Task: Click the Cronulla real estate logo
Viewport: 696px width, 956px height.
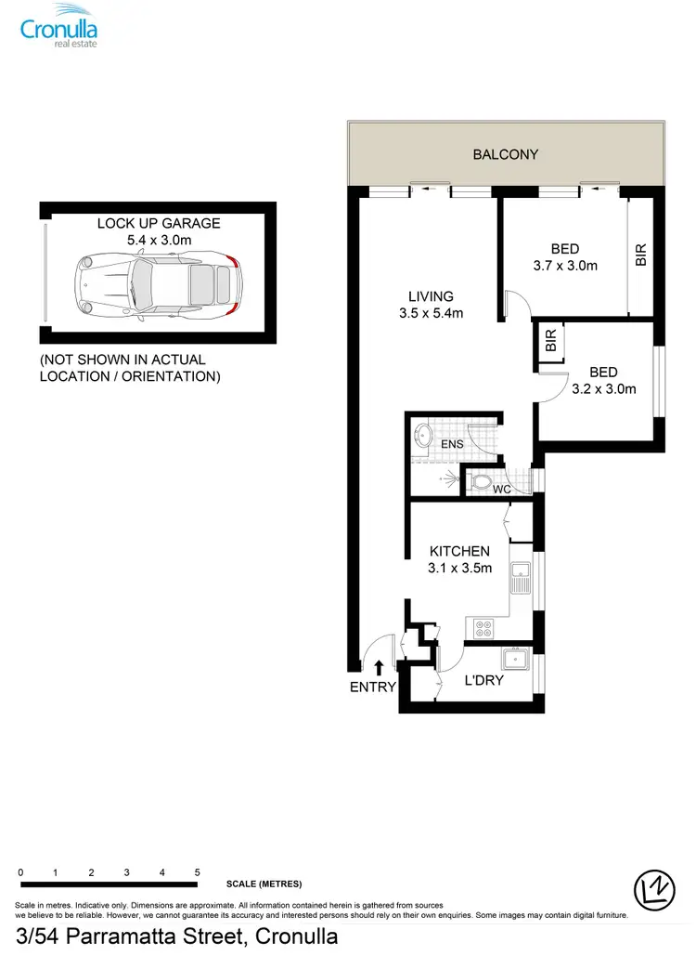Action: point(59,25)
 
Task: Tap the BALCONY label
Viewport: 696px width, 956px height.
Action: point(506,154)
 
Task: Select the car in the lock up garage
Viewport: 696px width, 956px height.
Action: point(159,283)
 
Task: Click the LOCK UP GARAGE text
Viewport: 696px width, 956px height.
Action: point(159,223)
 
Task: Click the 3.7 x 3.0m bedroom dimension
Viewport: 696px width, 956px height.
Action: point(565,265)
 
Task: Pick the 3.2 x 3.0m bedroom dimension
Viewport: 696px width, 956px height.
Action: point(603,388)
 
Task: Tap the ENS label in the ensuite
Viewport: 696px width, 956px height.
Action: point(452,444)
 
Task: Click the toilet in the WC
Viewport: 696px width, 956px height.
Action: point(480,482)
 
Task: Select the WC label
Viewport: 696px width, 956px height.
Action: point(502,489)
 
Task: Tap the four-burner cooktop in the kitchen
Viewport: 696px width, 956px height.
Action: point(483,628)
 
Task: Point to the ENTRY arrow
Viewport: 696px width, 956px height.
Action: point(379,666)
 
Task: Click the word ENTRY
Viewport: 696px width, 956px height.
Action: point(373,688)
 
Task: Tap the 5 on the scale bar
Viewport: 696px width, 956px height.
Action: point(198,872)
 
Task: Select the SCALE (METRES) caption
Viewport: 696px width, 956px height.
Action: point(264,884)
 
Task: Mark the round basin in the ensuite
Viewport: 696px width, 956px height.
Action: point(423,435)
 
